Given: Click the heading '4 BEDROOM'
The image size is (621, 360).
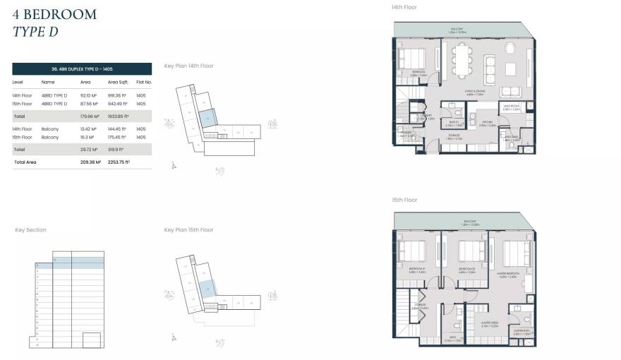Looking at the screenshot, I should pos(54,14).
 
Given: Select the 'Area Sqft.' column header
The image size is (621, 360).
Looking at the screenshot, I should pos(118,82).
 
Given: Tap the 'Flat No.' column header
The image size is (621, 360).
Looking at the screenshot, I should pos(143,82).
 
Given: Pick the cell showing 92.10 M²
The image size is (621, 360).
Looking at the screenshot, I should pos(89,95).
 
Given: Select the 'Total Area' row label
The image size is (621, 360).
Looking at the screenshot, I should pos(25,162).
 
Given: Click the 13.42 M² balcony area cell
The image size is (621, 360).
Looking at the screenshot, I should pos(89,128).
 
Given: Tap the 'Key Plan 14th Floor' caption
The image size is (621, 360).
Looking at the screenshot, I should pos(188,66).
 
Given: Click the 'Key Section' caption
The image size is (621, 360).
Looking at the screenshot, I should pos(30,229).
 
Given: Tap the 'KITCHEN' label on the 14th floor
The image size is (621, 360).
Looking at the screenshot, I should pos(488,124).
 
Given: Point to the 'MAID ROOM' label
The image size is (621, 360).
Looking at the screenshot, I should pos(512,107).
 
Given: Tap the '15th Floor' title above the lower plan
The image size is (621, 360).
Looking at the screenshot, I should pos(404,200).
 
